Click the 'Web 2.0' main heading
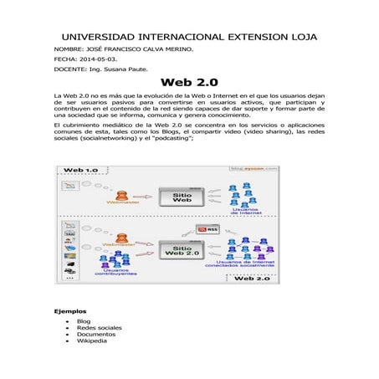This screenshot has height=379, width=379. pyautogui.click(x=188, y=84)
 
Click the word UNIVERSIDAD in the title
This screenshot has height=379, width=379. pyautogui.click(x=95, y=38)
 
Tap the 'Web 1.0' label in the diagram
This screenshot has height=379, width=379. pyautogui.click(x=81, y=170)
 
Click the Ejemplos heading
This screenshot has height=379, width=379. pyautogui.click(x=70, y=310)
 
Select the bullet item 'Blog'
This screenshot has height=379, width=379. pyautogui.click(x=83, y=321)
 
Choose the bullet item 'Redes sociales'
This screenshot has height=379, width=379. pyautogui.click(x=99, y=328)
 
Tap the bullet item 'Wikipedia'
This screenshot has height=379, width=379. pyautogui.click(x=92, y=341)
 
